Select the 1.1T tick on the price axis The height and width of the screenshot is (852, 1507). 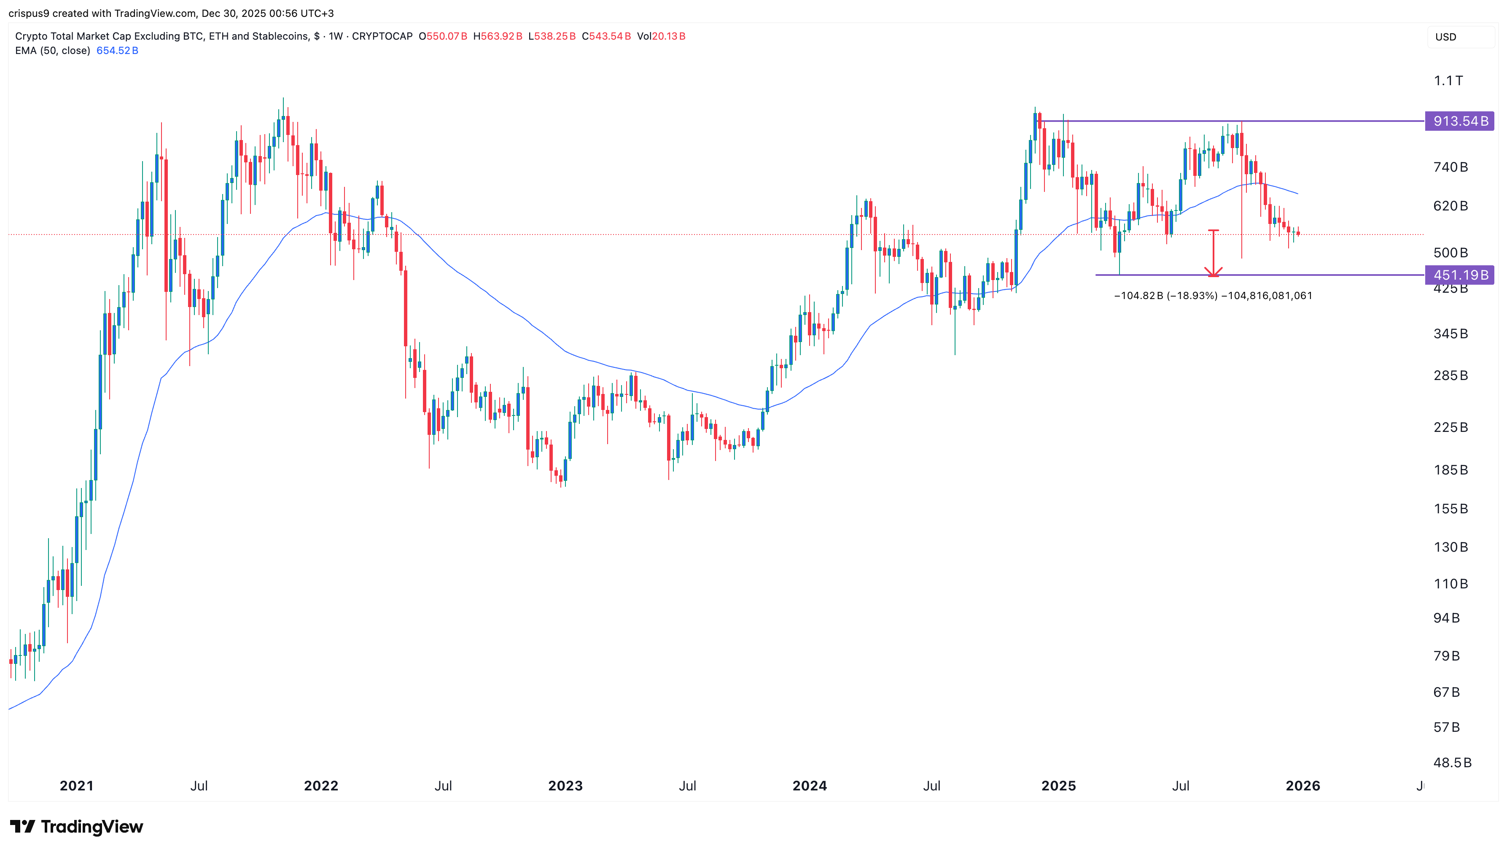click(x=1448, y=81)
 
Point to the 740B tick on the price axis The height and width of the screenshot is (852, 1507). click(x=1450, y=167)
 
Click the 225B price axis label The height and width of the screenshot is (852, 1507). click(x=1450, y=427)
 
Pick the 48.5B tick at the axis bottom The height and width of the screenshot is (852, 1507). click(x=1452, y=763)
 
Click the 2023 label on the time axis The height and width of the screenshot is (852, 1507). click(x=565, y=786)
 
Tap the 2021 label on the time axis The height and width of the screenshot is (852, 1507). click(x=77, y=786)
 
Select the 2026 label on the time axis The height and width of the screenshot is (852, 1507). click(x=1302, y=786)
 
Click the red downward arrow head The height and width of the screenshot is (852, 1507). click(x=1214, y=272)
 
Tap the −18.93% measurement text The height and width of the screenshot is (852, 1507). click(x=1192, y=296)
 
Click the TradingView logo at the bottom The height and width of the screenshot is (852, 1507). click(x=77, y=826)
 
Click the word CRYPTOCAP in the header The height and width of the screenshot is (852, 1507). click(x=382, y=36)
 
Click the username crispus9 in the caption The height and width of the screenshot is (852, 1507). click(x=29, y=13)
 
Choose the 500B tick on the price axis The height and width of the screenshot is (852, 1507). click(x=1450, y=253)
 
